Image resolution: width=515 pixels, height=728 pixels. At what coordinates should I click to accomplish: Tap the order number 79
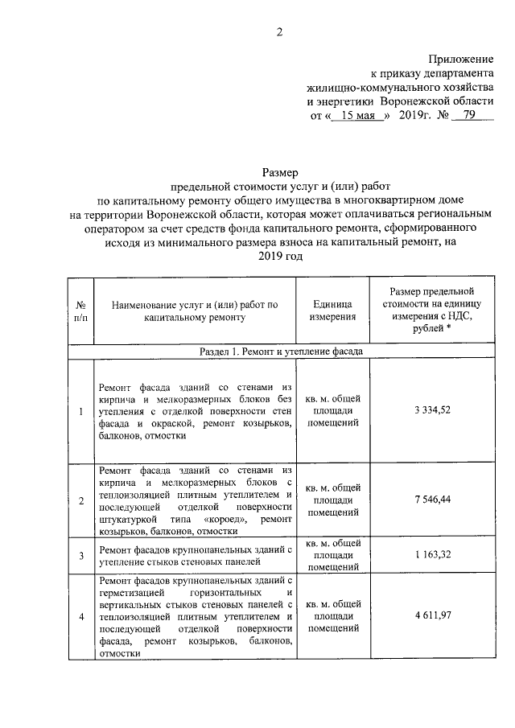click(x=464, y=115)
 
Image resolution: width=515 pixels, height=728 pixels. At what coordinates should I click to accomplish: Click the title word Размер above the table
click(x=280, y=172)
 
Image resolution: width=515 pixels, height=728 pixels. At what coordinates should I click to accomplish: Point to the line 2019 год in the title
click(x=280, y=256)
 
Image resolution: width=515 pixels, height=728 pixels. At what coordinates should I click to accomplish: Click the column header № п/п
click(x=80, y=311)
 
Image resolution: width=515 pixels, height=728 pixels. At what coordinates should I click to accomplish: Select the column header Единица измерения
click(x=332, y=311)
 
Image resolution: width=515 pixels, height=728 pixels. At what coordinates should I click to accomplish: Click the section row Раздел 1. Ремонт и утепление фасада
click(x=281, y=352)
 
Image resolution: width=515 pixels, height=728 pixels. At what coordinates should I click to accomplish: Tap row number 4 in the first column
click(x=80, y=617)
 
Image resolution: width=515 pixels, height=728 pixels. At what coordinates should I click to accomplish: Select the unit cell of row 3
click(x=332, y=555)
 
